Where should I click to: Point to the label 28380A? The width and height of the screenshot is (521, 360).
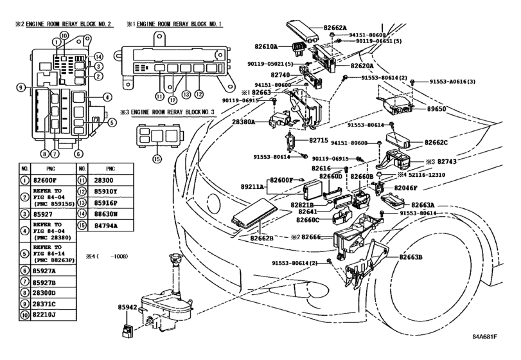tap(243, 122)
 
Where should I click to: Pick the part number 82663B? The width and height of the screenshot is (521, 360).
tap(411, 256)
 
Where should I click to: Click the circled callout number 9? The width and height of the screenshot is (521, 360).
tap(21, 87)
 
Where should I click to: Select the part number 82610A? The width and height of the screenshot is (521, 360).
tap(264, 47)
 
